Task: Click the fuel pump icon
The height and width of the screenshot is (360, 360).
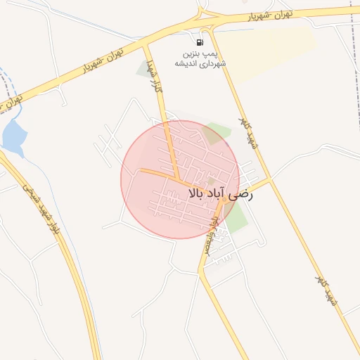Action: [200, 42]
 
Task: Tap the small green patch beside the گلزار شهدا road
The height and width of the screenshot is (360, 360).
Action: [148, 68]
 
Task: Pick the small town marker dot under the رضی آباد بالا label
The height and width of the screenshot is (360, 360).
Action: [224, 200]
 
